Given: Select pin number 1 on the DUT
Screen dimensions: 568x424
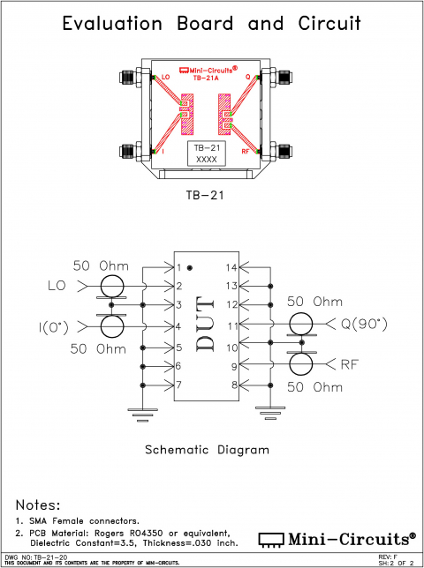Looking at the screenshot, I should pos(178,267).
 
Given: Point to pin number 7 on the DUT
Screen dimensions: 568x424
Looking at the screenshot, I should pos(178,385).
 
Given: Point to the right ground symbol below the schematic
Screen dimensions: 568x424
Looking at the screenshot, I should pos(266,410).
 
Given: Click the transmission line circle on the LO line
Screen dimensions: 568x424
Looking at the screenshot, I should pos(112,286).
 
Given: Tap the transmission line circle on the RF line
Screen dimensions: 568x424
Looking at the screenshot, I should pos(302,363).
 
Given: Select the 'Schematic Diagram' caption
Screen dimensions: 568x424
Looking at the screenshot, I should pos(207,450).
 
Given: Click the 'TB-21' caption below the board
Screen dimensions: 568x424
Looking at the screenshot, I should pos(206,195).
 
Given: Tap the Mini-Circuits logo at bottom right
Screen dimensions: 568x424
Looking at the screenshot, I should pos(337,538).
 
